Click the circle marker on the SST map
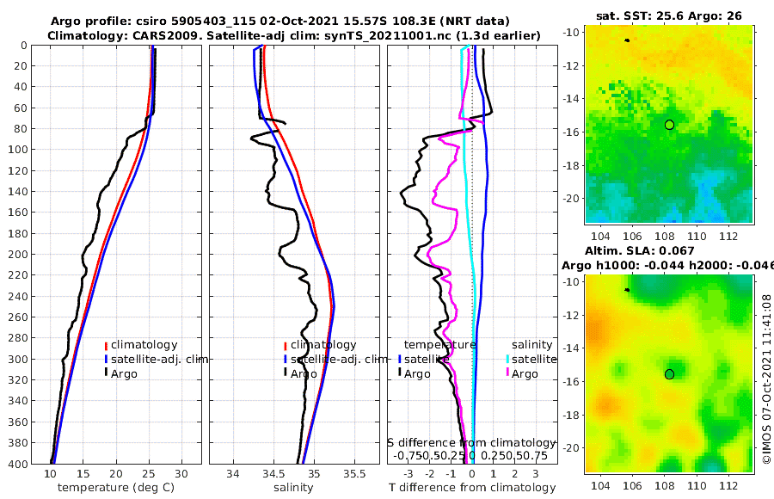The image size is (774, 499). (x=669, y=125)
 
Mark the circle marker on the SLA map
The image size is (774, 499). (x=669, y=374)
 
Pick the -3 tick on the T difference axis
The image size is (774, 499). (x=408, y=474)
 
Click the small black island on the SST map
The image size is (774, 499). (x=627, y=40)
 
